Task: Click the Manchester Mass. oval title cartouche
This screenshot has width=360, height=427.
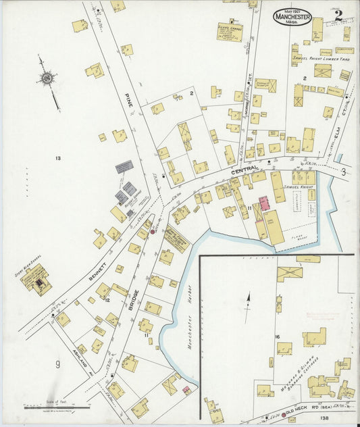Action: pos(292,17)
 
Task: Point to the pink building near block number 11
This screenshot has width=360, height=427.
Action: pos(264,203)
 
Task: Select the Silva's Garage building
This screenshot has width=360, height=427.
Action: pos(230,32)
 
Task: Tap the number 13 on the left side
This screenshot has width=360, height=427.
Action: pos(58,159)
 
